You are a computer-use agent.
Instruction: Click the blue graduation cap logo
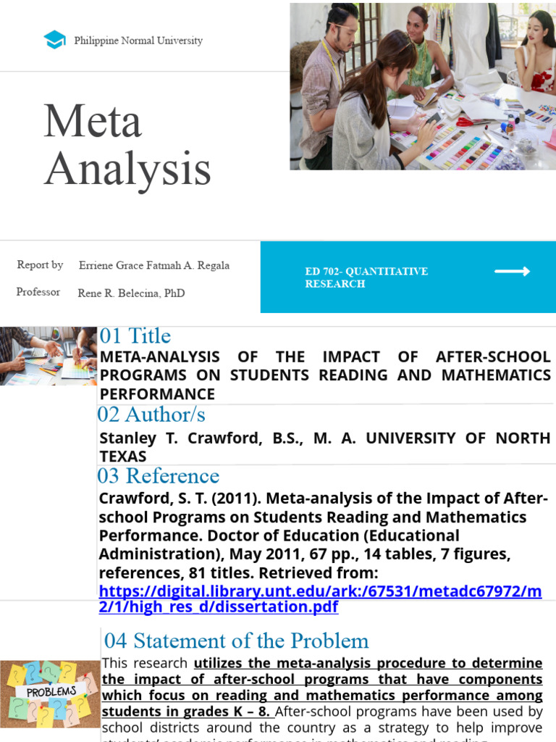54,40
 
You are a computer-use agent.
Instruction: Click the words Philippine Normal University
138,41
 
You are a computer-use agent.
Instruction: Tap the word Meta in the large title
92,121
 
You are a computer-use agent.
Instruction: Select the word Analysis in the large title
127,170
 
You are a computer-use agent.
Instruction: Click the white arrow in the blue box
512,272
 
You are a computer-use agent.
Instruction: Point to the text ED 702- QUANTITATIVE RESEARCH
366,278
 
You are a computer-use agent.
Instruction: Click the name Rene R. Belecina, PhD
131,293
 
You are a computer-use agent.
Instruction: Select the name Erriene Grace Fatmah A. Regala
154,265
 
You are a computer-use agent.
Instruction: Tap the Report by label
40,265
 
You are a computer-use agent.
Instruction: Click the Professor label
38,292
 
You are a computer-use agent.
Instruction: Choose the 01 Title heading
135,336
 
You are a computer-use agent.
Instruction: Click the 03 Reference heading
158,476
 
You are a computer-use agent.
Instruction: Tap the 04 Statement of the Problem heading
236,641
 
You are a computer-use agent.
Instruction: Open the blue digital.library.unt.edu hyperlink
320,599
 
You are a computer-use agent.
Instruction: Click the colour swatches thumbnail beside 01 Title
49,356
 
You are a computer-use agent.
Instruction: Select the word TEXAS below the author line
123,457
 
